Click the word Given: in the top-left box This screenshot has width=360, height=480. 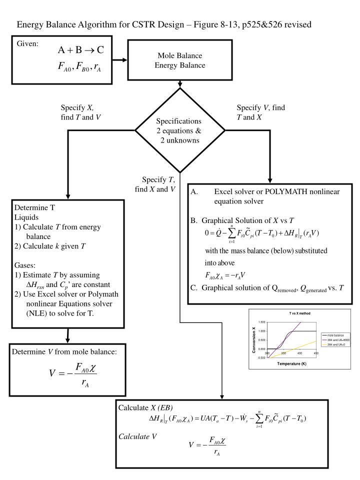click(27, 43)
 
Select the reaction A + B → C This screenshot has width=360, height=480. click(80, 50)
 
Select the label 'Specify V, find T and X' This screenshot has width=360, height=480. click(260, 112)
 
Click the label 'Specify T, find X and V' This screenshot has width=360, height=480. click(154, 184)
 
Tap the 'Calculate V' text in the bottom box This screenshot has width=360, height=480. click(137, 436)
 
